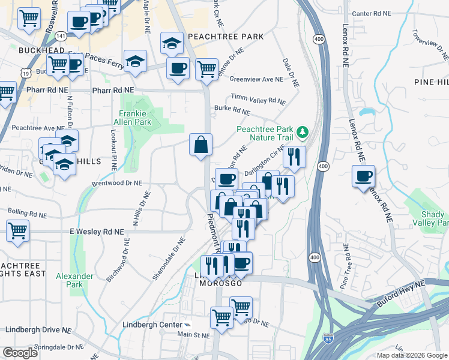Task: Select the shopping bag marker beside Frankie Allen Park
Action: point(200,145)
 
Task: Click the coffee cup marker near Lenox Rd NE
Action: point(363,176)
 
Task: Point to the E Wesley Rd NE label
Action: point(97,231)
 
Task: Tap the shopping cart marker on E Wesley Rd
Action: point(17,230)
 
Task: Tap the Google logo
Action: point(20,353)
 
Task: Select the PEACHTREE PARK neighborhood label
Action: point(226,37)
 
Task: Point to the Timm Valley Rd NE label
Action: point(259,100)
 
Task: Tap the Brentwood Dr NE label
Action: point(116,182)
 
